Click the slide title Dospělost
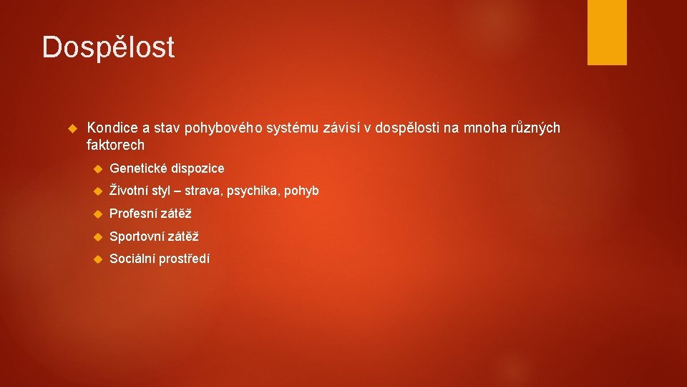[x=108, y=47]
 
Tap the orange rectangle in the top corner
[x=607, y=32]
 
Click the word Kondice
[x=112, y=128]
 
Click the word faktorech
[x=115, y=145]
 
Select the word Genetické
[x=138, y=168]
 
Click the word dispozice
[x=198, y=168]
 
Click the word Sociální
[x=132, y=259]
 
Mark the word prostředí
[x=185, y=259]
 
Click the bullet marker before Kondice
[x=71, y=129]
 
